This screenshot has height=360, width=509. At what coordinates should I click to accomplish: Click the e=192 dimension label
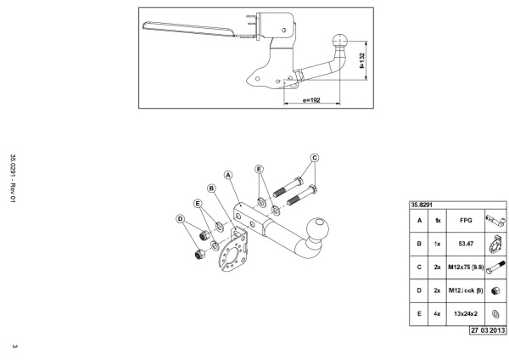[311, 100]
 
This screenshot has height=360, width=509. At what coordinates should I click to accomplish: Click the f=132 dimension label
[362, 61]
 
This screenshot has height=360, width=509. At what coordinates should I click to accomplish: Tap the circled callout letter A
[228, 175]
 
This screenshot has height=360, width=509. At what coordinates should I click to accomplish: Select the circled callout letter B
[211, 188]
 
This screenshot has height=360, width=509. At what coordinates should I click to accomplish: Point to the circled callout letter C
[315, 158]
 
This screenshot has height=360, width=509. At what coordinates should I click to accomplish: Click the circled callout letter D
[180, 219]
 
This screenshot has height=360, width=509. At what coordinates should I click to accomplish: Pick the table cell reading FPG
[466, 221]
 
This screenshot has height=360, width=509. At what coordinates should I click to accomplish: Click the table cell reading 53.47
[466, 244]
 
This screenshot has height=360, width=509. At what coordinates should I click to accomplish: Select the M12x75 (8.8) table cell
[466, 267]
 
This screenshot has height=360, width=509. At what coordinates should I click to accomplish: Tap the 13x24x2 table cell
[466, 314]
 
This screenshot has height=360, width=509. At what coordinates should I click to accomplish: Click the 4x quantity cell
[437, 314]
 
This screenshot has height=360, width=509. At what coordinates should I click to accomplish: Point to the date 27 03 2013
[488, 330]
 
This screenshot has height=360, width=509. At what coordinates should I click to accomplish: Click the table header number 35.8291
[422, 205]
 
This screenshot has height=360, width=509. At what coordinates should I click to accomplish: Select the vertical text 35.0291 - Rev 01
[13, 178]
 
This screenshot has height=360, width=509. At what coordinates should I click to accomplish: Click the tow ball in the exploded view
[317, 228]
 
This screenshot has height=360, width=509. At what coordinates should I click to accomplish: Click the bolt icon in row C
[495, 267]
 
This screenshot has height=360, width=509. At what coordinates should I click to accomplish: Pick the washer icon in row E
[495, 314]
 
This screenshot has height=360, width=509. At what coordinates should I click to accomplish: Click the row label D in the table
[419, 290]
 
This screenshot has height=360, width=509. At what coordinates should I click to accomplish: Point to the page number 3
[14, 346]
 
